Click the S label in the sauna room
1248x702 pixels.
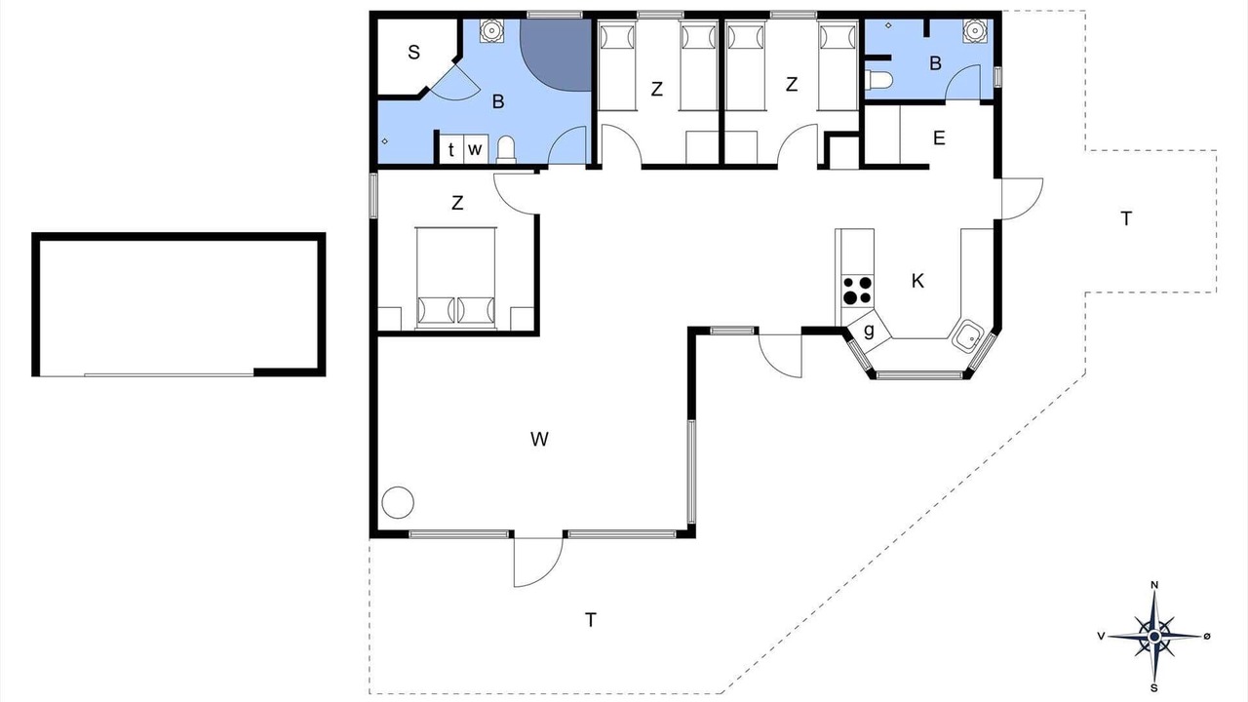click(413, 53)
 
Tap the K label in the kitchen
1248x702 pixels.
click(917, 281)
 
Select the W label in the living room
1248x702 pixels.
click(539, 439)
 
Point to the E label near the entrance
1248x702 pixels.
click(939, 137)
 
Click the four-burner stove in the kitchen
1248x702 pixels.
click(857, 291)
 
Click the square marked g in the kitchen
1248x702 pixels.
click(869, 331)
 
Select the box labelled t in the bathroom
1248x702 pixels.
click(451, 149)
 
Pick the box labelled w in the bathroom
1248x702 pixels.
click(475, 149)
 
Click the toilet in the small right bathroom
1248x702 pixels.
click(879, 80)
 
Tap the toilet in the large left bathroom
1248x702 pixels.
click(506, 150)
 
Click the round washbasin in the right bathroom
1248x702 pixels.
click(974, 30)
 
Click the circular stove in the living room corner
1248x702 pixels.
click(398, 502)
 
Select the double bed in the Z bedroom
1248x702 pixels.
click(455, 278)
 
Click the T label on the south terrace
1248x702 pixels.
click(591, 619)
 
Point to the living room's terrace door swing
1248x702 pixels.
click(538, 562)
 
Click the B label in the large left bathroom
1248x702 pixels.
click(498, 101)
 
